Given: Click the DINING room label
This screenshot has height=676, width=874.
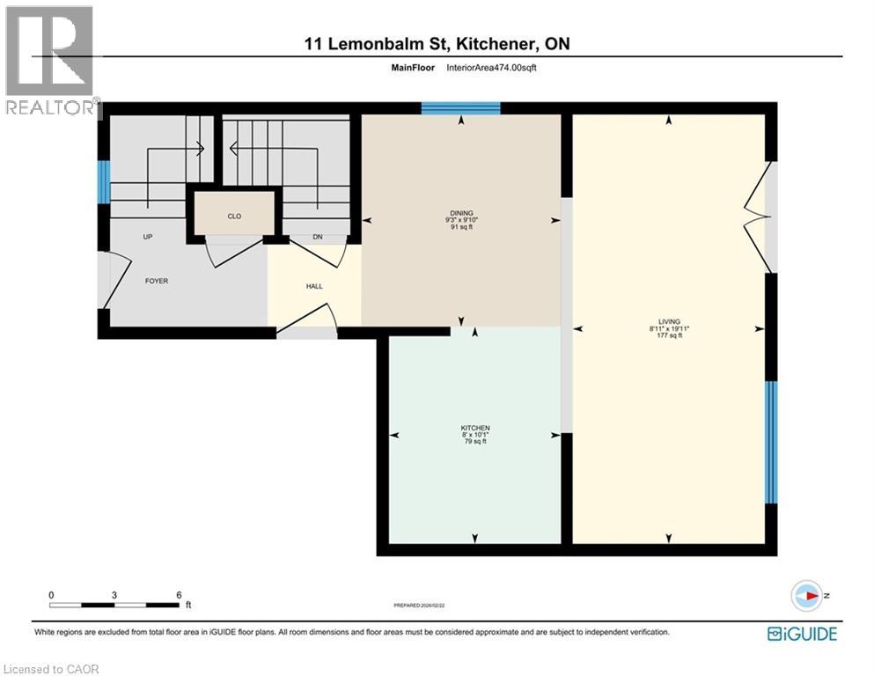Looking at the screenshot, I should [x=461, y=213].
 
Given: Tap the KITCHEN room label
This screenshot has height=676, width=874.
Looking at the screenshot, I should [x=475, y=428].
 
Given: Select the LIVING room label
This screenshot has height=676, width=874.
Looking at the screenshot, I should [x=668, y=322].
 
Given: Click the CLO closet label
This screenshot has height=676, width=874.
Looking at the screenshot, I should [x=234, y=216].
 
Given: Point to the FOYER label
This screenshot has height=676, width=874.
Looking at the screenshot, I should [x=156, y=281].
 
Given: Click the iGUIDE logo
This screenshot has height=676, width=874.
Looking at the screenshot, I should [x=802, y=633].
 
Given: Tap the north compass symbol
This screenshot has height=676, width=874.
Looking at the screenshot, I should [x=807, y=595].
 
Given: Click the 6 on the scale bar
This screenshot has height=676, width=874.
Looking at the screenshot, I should [x=179, y=594].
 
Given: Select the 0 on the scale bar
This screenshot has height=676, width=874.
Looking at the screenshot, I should [x=52, y=594].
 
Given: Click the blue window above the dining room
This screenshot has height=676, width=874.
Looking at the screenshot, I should [x=460, y=108].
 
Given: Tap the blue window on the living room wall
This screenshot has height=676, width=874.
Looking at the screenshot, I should [x=771, y=442].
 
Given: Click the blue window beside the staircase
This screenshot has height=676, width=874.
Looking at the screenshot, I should [x=103, y=180].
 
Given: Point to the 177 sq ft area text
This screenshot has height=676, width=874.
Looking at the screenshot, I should [x=668, y=335].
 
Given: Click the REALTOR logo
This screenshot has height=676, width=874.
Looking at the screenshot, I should [x=50, y=62].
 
